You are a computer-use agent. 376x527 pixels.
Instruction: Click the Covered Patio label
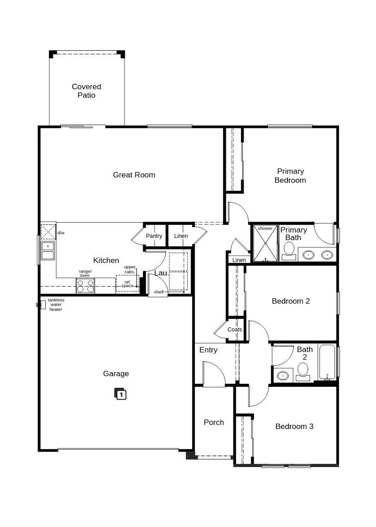(x=86, y=91)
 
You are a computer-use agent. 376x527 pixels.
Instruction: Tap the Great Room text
(x=134, y=175)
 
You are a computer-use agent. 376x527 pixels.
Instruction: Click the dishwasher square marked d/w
(x=48, y=231)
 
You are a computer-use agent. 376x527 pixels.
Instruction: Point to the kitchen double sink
(x=48, y=251)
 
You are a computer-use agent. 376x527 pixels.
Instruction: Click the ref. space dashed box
(x=127, y=284)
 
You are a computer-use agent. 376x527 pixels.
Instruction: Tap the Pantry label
(x=154, y=236)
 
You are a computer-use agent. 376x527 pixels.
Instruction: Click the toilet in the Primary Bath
(x=289, y=250)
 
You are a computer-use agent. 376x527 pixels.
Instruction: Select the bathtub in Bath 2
(x=327, y=362)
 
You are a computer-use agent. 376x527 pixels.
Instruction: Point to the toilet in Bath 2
(x=303, y=371)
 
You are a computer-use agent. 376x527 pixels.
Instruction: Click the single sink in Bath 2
(x=283, y=375)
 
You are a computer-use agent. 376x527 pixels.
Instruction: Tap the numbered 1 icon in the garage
(x=120, y=394)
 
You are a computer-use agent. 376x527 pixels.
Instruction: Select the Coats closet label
(x=235, y=330)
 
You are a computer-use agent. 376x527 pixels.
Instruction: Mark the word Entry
(x=208, y=350)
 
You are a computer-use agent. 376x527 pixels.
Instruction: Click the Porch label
(x=214, y=422)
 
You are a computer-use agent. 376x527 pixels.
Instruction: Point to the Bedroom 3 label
(x=294, y=426)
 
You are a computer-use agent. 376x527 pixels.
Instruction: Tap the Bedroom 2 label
(x=291, y=301)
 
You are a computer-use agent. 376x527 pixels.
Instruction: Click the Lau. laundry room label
(x=161, y=273)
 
